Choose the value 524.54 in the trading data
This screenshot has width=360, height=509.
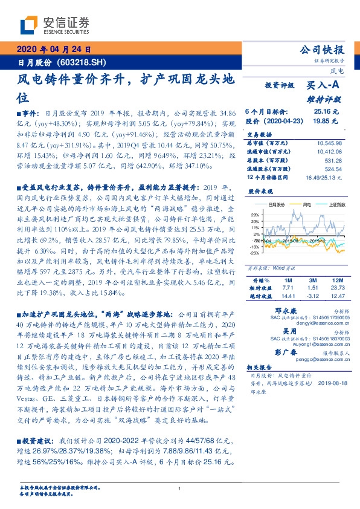point(333,169)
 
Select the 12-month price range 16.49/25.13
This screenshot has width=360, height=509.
point(324,178)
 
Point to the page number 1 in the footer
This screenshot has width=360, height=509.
point(180,488)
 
